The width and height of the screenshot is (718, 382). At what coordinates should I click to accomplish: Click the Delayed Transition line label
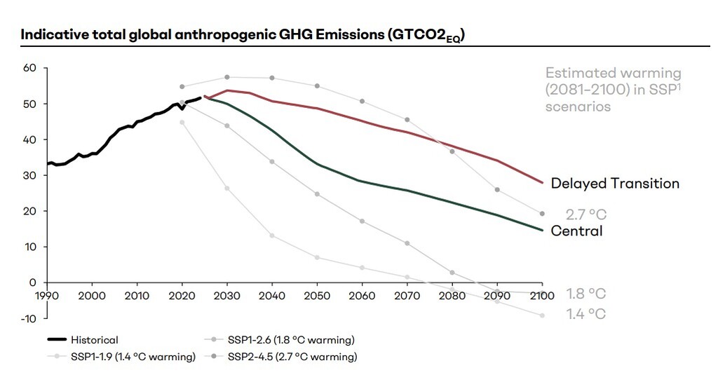pyautogui.click(x=615, y=184)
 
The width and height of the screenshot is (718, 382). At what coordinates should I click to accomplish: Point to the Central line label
pyautogui.click(x=576, y=231)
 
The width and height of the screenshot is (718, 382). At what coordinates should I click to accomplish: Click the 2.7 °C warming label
pyautogui.click(x=585, y=214)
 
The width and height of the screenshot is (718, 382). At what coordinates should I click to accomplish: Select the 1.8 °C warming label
pyautogui.click(x=585, y=294)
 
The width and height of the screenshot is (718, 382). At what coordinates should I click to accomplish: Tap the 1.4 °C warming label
pyautogui.click(x=585, y=314)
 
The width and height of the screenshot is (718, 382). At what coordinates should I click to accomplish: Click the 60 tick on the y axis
pyautogui.click(x=29, y=68)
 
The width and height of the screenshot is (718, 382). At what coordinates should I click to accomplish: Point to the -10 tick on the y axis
pyautogui.click(x=27, y=318)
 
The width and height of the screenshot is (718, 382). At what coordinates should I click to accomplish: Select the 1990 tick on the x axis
pyautogui.click(x=47, y=296)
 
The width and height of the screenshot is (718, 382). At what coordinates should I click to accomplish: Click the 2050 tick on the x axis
pyautogui.click(x=317, y=296)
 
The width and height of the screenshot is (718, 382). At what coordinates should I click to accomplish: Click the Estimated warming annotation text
pyautogui.click(x=613, y=90)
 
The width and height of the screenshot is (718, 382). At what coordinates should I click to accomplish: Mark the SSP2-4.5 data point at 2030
pyautogui.click(x=227, y=77)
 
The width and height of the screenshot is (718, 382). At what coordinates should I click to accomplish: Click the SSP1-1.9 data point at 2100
pyautogui.click(x=542, y=315)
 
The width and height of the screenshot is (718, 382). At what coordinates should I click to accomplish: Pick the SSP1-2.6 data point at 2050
pyautogui.click(x=317, y=193)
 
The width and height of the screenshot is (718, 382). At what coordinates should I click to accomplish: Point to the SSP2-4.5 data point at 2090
pyautogui.click(x=497, y=190)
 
